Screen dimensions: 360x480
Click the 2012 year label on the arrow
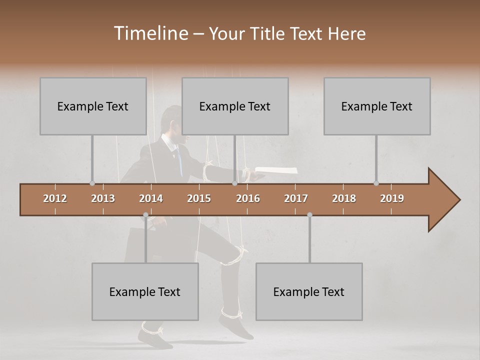[55, 198]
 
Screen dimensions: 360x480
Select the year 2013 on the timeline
[103, 198]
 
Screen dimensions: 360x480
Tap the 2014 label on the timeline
[151, 198]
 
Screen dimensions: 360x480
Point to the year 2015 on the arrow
[199, 198]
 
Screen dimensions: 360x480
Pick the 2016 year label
[248, 198]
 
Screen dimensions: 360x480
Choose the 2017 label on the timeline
[296, 198]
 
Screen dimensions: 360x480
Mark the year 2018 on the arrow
[344, 198]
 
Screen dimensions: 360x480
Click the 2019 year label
[392, 198]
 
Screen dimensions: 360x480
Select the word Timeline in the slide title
[150, 33]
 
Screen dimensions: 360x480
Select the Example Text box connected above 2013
[93, 106]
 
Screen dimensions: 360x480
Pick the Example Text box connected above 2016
[235, 106]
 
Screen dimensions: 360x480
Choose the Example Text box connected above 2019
[377, 106]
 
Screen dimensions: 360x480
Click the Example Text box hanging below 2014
[145, 291]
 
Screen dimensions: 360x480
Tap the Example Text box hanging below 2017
[309, 291]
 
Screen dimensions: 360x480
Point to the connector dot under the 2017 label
[309, 215]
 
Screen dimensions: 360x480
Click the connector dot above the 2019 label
[376, 183]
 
